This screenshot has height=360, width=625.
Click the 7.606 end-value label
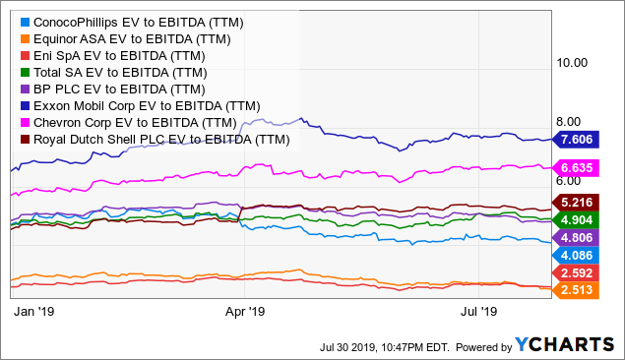click(580, 141)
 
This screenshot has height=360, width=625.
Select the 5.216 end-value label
click(580, 203)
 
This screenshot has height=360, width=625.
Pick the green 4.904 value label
click(580, 220)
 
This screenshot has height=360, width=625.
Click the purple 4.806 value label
click(580, 237)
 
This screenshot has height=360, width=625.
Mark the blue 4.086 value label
click(580, 255)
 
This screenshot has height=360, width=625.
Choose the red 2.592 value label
click(580, 272)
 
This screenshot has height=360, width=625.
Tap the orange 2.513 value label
click(580, 289)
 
